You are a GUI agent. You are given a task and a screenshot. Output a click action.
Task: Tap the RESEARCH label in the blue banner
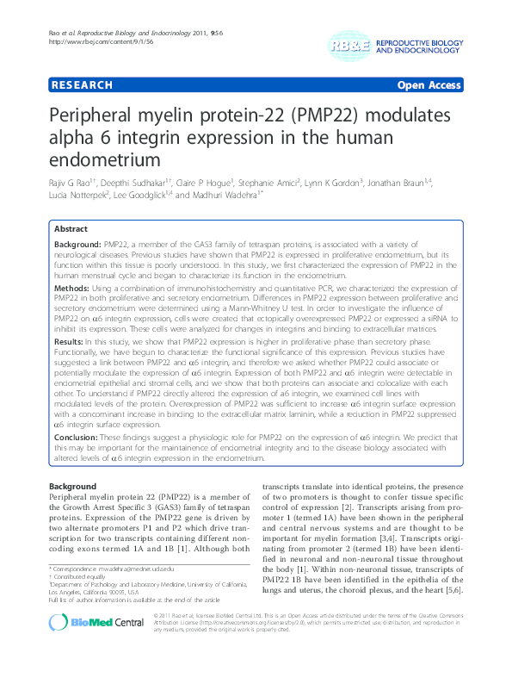[x=83, y=85]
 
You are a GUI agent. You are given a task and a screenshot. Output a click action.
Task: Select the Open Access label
[x=429, y=85]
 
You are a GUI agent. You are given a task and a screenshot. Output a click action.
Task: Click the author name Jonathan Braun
[x=425, y=183]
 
